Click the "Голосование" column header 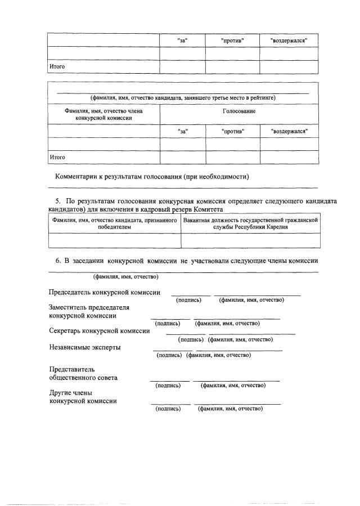click(239, 111)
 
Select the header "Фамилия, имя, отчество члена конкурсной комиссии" click(104, 115)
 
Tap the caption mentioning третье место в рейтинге click(183, 97)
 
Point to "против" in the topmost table click(232, 41)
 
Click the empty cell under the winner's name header click(115, 240)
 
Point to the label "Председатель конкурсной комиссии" click(105, 293)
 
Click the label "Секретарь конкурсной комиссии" click(100, 331)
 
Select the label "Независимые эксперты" click(84, 347)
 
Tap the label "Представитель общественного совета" click(84, 374)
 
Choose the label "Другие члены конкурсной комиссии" click(83, 397)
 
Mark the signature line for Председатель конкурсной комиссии click(191, 294)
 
